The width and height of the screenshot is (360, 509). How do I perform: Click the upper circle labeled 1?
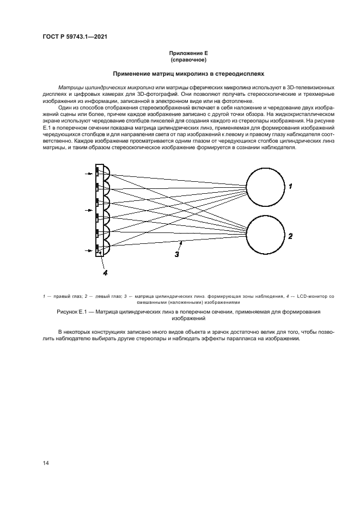(265, 186)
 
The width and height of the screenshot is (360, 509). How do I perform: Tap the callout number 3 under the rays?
(176, 253)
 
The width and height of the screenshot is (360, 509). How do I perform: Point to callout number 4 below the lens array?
(105, 273)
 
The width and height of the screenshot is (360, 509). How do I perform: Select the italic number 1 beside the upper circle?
(291, 186)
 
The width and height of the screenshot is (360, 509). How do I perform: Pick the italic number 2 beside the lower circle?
(291, 236)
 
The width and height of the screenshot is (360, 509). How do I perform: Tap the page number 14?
(46, 463)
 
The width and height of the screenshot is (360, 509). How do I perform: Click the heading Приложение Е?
(188, 53)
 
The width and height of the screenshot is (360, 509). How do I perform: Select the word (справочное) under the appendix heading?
(188, 59)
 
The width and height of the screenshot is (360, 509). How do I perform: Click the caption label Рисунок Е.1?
(76, 312)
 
